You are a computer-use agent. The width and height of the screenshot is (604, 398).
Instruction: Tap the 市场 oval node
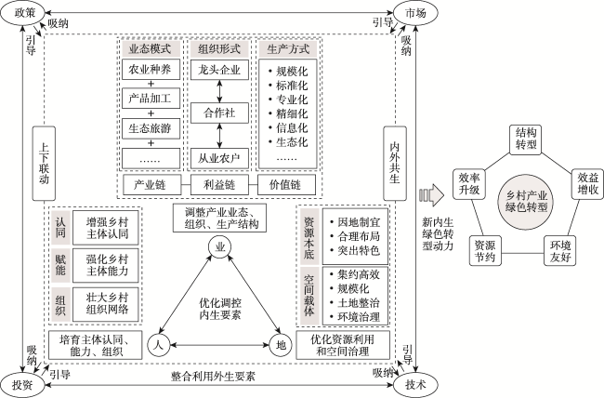[x=415, y=13]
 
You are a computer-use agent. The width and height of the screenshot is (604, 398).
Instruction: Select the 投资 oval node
[x=22, y=384]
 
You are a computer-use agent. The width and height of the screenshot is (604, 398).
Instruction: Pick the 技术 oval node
[x=415, y=384]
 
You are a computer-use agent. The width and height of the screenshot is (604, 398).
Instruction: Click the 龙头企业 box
[x=219, y=70]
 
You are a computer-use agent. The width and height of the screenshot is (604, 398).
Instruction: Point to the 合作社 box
[x=219, y=113]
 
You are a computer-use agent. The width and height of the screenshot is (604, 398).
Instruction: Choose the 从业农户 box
[x=219, y=158]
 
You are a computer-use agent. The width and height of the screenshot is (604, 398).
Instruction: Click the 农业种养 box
[x=151, y=70]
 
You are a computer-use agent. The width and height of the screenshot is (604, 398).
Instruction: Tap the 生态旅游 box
[x=151, y=128]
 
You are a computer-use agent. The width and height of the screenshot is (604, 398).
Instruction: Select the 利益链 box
[x=219, y=185]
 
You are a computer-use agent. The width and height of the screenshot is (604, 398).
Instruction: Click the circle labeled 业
[x=220, y=247]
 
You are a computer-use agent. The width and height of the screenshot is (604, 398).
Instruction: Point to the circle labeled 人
[x=159, y=344]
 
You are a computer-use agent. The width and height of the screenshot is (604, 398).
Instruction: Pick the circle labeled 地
[x=281, y=344]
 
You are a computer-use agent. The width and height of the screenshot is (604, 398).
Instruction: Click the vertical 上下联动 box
[x=44, y=164]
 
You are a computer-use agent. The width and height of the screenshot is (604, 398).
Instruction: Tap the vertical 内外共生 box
[x=395, y=164]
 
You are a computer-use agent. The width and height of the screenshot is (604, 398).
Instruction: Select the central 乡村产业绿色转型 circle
[x=526, y=201]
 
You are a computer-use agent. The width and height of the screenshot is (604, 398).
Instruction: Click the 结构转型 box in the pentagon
[x=526, y=139]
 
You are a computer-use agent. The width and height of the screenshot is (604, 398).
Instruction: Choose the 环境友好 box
[x=559, y=251]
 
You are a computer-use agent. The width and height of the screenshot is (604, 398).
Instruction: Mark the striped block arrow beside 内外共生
[x=431, y=195]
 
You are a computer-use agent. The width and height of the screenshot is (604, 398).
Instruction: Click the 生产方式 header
[x=288, y=49]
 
